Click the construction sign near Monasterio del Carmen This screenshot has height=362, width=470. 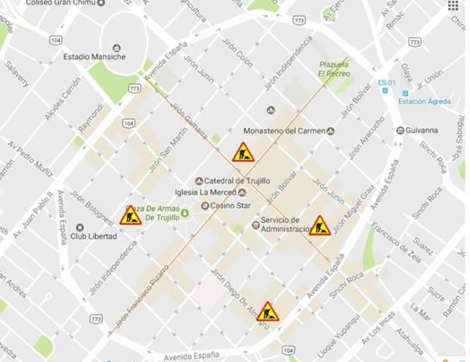point(243,153)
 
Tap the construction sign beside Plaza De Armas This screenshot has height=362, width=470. point(131,216)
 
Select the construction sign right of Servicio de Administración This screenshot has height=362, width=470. point(320,225)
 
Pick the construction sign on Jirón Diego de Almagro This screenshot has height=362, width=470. point(267,311)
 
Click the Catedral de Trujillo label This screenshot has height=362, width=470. point(231,181)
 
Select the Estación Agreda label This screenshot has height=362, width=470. point(424,101)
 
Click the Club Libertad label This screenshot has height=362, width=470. point(94,236)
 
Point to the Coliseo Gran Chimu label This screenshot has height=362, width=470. point(63,4)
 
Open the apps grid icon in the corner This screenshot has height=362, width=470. point(453,5)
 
